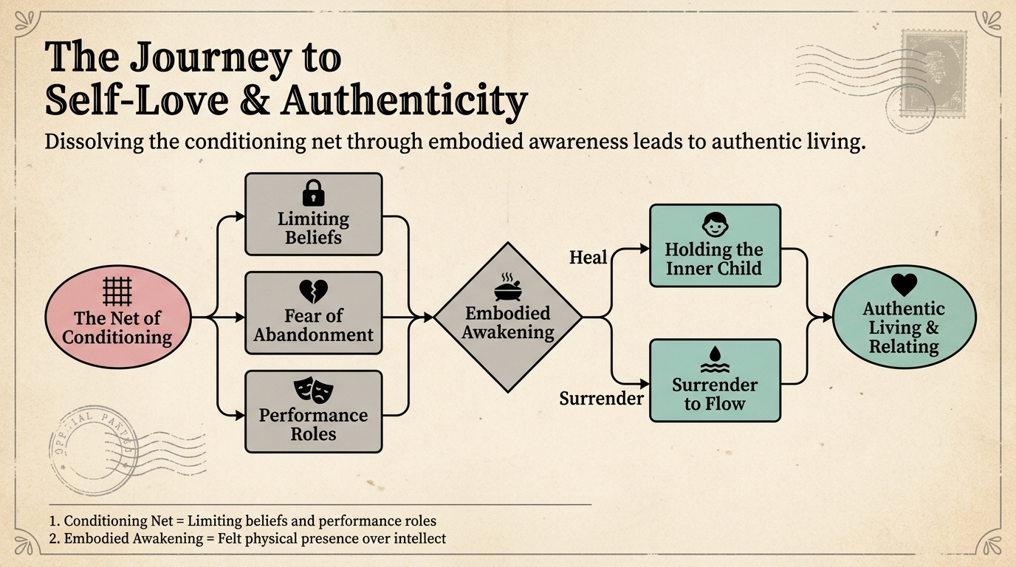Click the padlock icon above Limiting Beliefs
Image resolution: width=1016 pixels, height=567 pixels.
click(x=313, y=193)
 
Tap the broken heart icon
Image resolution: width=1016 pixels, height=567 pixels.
click(x=313, y=291)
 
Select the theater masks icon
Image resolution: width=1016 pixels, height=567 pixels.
click(x=313, y=390)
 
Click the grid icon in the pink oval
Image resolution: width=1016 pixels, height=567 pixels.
click(x=117, y=291)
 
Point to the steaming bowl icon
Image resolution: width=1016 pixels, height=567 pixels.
click(x=507, y=287)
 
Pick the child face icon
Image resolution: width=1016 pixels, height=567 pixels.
click(x=715, y=224)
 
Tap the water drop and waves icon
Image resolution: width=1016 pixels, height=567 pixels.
click(x=715, y=360)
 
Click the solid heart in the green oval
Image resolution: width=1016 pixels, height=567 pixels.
click(x=904, y=285)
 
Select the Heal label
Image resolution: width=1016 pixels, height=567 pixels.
click(x=588, y=257)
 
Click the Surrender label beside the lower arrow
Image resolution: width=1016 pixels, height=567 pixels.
click(x=601, y=398)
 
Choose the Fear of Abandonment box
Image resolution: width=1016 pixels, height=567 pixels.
click(x=313, y=313)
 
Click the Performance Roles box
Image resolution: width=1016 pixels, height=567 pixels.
click(x=313, y=412)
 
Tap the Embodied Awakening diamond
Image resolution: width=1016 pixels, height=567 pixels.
click(x=508, y=317)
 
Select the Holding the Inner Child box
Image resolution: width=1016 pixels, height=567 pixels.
click(x=715, y=245)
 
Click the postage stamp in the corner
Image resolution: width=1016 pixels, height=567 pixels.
click(x=934, y=74)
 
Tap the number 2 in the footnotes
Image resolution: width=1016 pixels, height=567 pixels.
click(x=53, y=538)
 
